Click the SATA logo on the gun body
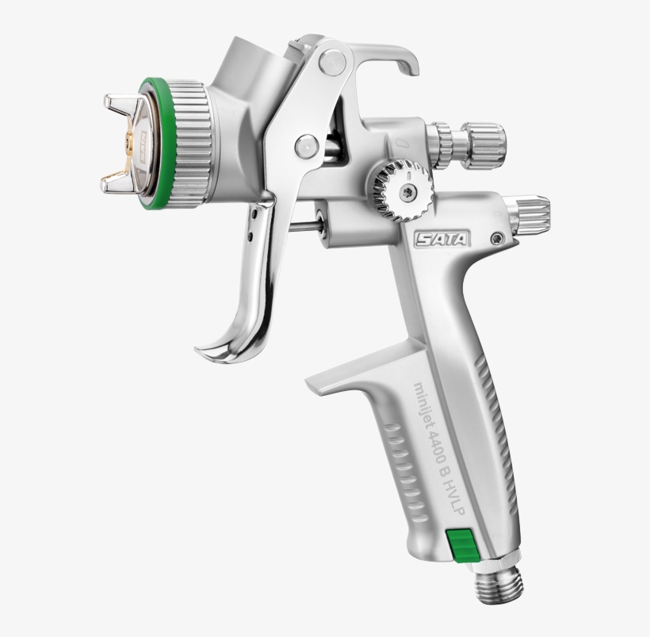pos(442,238)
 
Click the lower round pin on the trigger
pos(306,146)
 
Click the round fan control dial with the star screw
pos(402,191)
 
